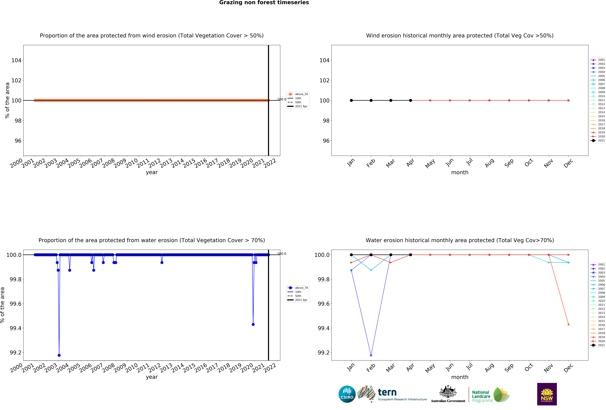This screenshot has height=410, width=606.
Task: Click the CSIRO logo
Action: point(347,394)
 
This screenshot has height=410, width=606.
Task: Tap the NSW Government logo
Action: point(547,394)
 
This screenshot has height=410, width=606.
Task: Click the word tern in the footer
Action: point(387,392)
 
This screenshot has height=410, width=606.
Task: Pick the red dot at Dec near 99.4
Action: point(568,324)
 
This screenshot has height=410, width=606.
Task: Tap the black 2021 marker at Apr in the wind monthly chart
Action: point(410,100)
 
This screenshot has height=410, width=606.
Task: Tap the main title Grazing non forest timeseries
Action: point(264,3)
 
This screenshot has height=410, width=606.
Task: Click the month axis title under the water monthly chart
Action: point(460,377)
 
